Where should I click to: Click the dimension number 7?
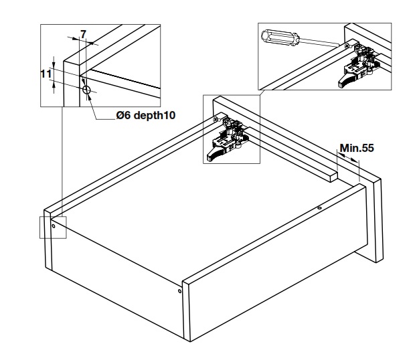coord(84,34)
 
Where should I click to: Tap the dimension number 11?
coord(46,74)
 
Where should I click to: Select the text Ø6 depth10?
coord(146,115)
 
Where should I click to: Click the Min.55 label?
coord(357,148)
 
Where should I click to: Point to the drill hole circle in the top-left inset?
coord(86,90)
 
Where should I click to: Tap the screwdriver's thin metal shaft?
coord(319,42)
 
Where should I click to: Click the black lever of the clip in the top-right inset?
coord(347,80)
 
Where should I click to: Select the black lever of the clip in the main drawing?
coord(216,155)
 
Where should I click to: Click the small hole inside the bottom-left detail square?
coord(54,226)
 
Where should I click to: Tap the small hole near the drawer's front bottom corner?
coord(179,291)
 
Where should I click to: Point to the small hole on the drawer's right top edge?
coord(319,208)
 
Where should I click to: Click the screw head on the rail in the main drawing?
coord(216,120)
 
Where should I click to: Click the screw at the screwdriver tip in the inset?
coord(347,46)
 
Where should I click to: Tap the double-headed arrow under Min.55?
coord(348,157)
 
